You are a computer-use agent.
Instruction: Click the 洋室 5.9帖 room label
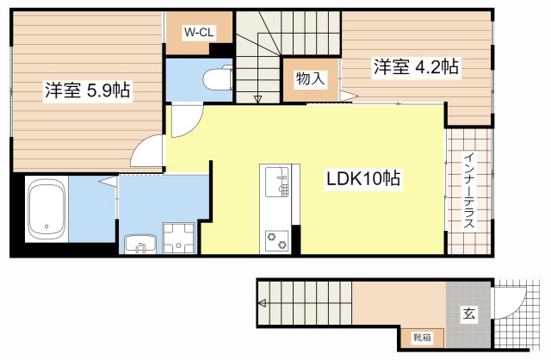[87, 90]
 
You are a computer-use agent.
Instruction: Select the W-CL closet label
[197, 33]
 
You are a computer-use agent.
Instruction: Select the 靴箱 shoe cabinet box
[422, 338]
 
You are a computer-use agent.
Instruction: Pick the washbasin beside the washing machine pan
[138, 244]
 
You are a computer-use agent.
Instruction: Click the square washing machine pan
[179, 237]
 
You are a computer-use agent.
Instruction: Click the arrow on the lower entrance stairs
[263, 302]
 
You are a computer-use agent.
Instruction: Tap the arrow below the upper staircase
[258, 99]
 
